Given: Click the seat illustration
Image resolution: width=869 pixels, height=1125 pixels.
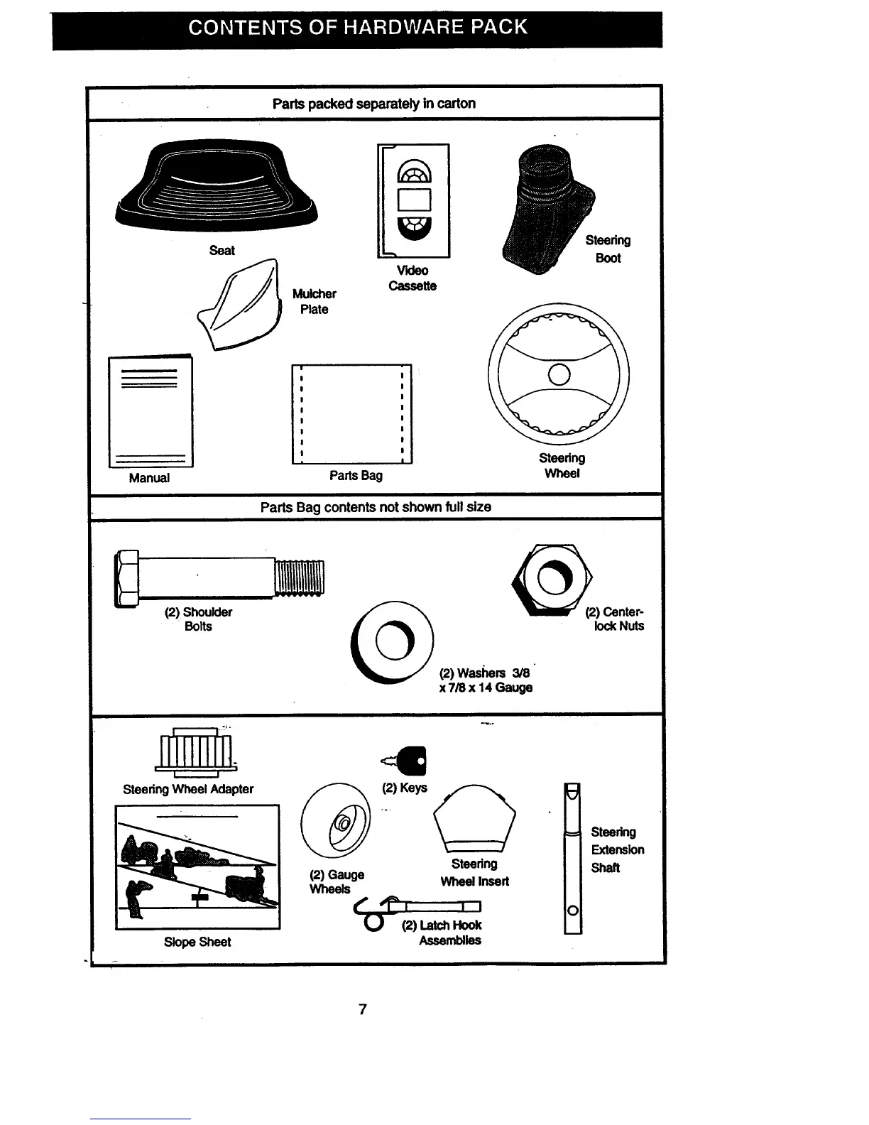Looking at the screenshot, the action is [217, 188].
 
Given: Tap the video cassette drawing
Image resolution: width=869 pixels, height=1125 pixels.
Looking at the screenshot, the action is [414, 200].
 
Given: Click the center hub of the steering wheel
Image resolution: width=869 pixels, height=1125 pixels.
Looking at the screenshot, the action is [559, 374].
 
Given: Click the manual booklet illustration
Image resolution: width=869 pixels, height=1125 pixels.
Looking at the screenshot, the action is [150, 412].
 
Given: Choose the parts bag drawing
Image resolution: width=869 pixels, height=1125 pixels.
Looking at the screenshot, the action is [352, 414].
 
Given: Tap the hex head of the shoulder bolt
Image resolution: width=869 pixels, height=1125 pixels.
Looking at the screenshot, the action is [128, 578].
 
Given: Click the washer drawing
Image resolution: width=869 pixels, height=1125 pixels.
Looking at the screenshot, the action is [392, 642].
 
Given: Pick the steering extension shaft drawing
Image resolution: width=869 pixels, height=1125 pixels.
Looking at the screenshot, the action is [572, 859].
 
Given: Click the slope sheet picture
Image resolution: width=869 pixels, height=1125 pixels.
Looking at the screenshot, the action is [197, 866].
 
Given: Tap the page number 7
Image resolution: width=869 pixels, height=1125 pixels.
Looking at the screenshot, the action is [363, 1009].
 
